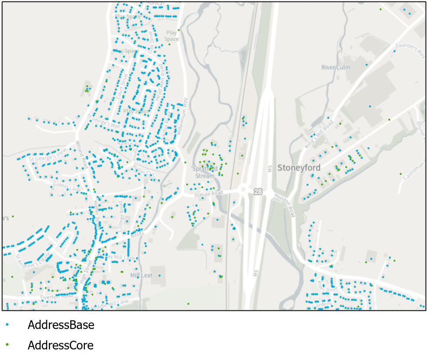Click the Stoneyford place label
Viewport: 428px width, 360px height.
coord(299,168)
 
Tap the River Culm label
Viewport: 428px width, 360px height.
coord(336,67)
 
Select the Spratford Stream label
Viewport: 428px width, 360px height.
coord(205,172)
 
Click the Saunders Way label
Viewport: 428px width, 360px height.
coord(410,50)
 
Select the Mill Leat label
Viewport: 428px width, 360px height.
coord(141,275)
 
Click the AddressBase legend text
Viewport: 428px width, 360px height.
coord(61,325)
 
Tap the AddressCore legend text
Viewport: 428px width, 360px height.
coord(60,346)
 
